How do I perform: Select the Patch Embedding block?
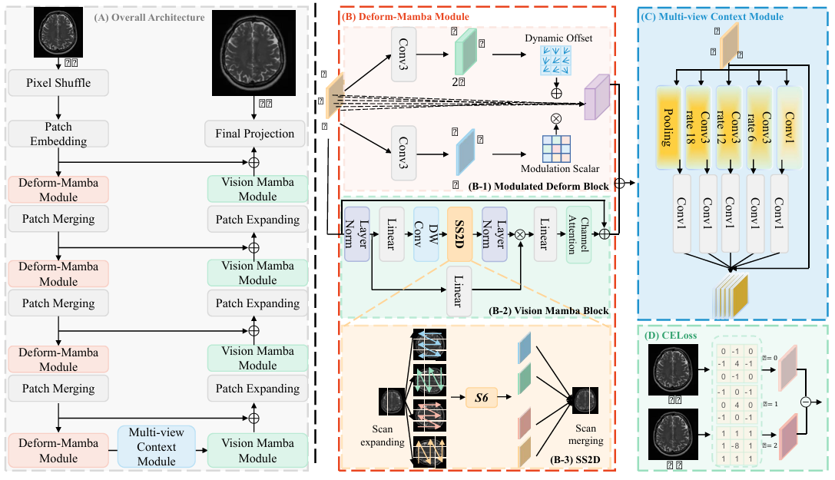(x=59, y=133)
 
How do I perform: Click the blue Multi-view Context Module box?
(x=157, y=447)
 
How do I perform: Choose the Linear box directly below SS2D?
(x=459, y=293)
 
